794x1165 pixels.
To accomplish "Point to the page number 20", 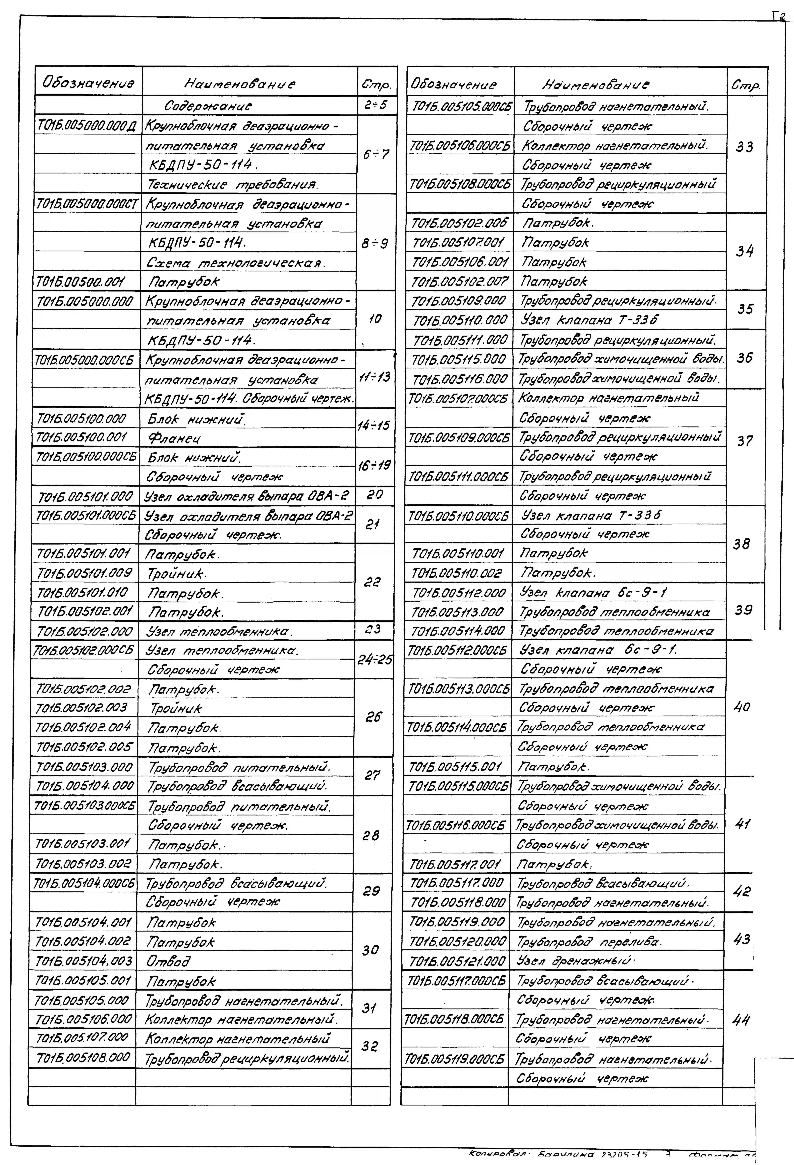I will (374, 495).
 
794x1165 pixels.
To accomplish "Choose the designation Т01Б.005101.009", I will (84, 573).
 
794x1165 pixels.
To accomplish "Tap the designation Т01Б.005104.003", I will (84, 961).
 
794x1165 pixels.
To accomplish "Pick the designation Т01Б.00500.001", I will (80, 282).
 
